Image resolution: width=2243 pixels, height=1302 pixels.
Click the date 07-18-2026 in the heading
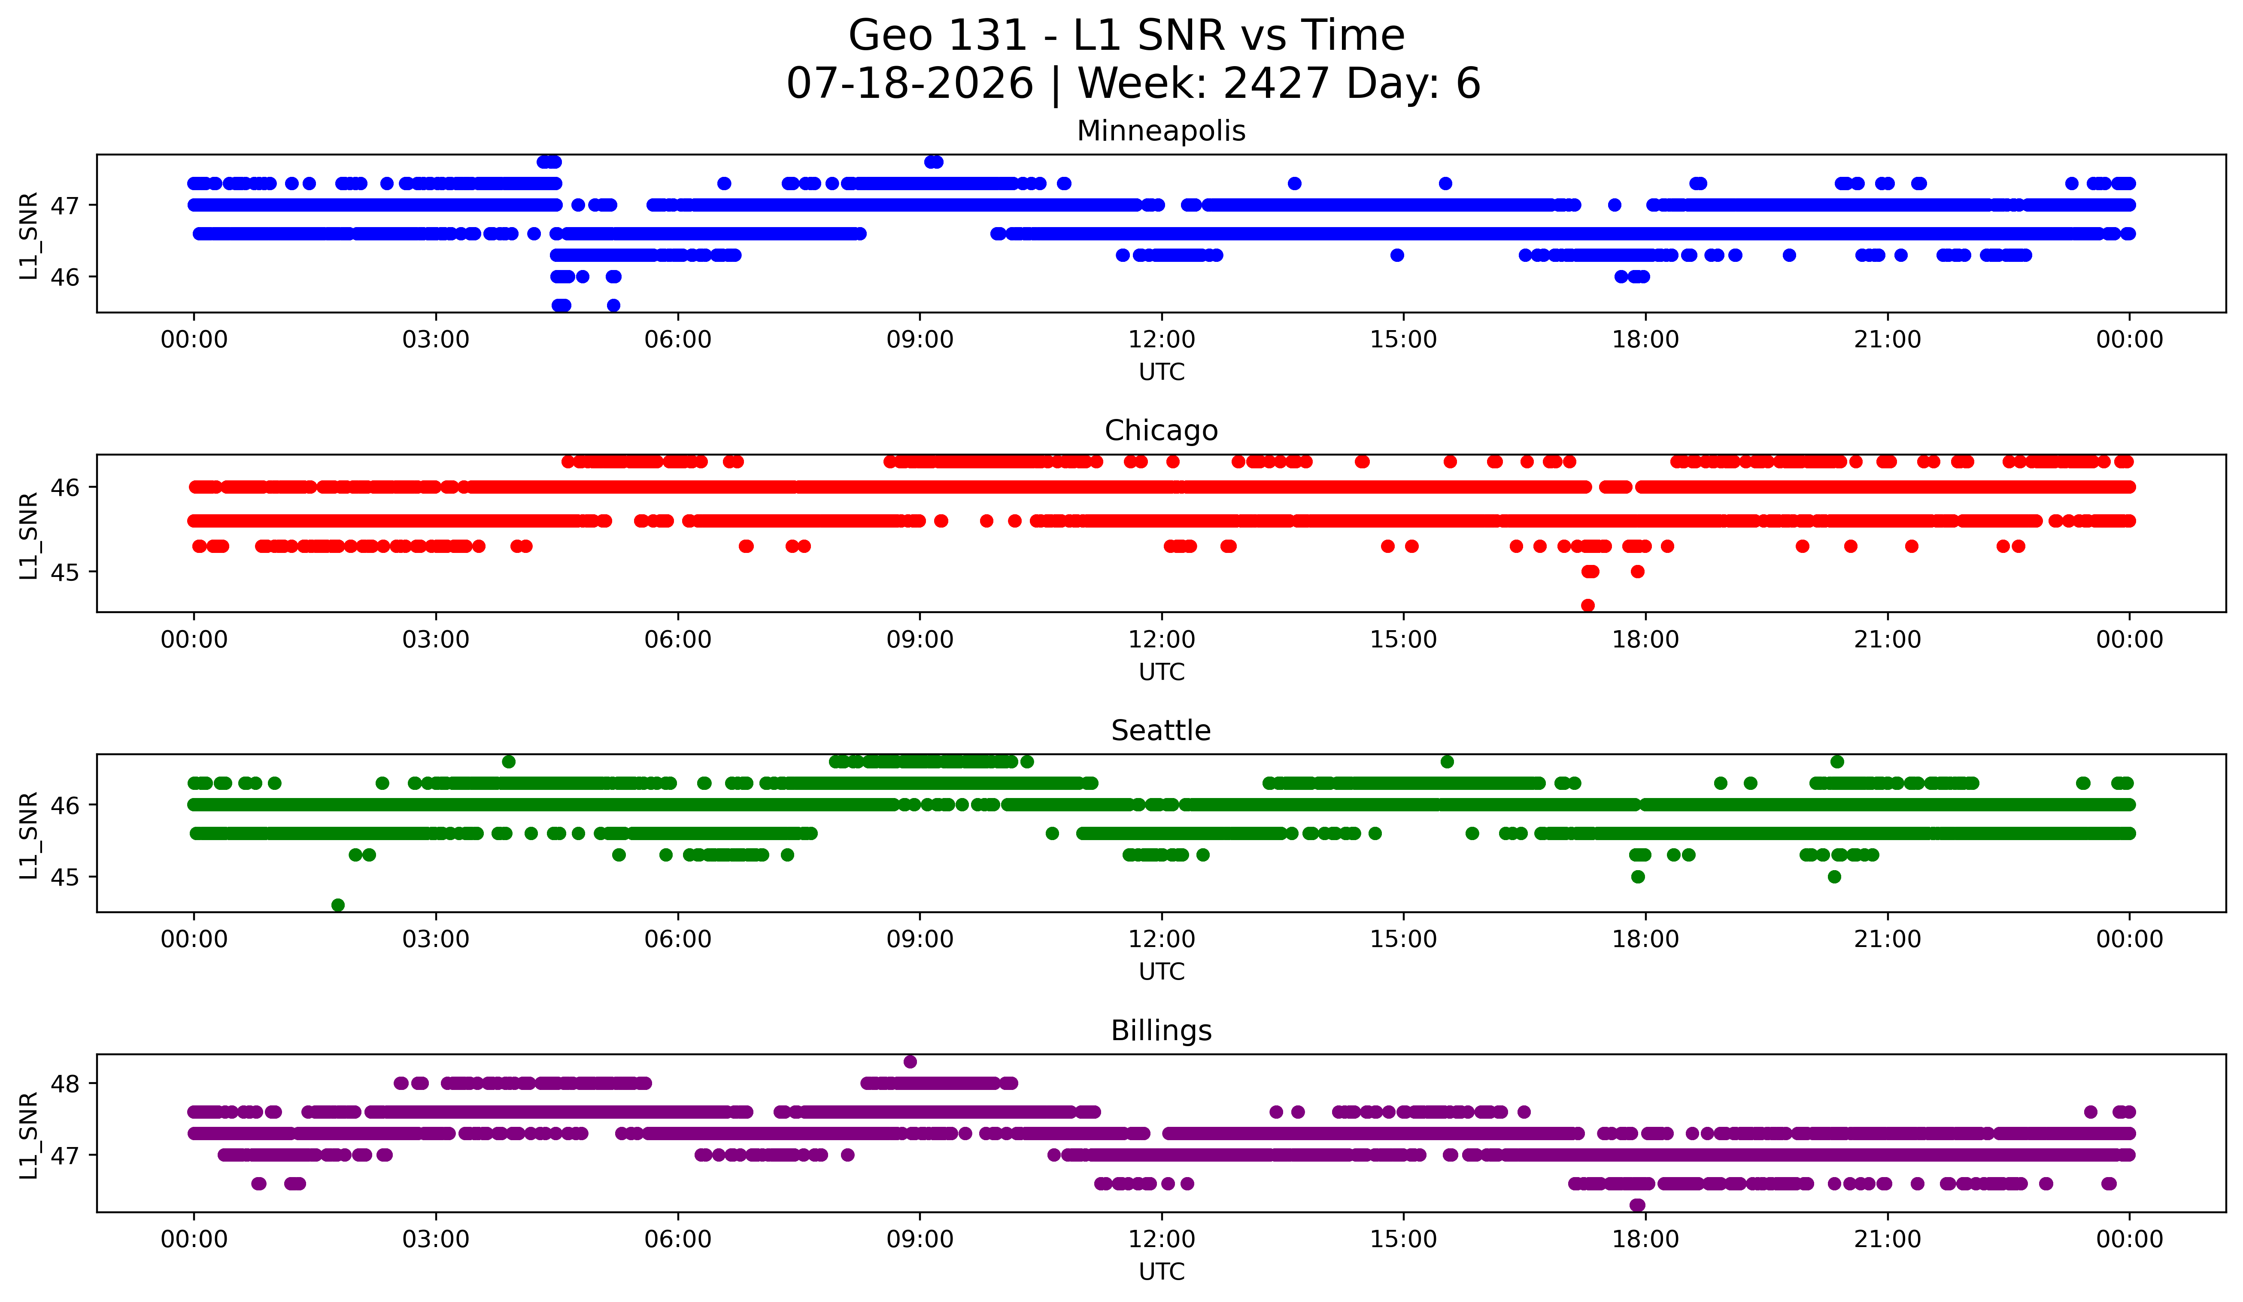(x=910, y=84)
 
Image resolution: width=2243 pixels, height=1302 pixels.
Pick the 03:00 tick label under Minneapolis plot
(x=436, y=340)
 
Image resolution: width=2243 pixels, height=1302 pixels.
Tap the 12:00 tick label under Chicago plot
(x=1162, y=640)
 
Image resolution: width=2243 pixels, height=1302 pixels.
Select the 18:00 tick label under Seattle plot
(x=1646, y=940)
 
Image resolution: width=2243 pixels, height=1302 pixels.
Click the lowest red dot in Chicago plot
(x=1588, y=605)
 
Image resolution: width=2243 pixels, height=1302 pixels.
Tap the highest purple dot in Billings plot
(x=910, y=1062)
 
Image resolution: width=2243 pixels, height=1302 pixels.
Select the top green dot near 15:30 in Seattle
(x=1447, y=762)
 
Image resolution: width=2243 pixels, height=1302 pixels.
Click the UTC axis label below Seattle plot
(x=1162, y=972)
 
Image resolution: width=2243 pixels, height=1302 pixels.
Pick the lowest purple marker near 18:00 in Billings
(x=1638, y=1205)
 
